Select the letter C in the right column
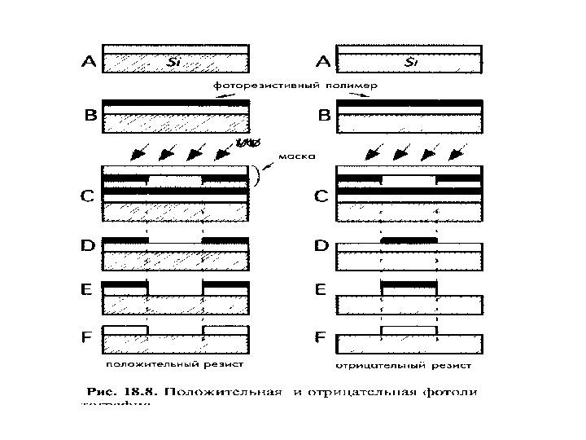(322, 196)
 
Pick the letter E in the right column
(322, 288)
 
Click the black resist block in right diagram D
(409, 241)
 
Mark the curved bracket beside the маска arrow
(258, 175)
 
